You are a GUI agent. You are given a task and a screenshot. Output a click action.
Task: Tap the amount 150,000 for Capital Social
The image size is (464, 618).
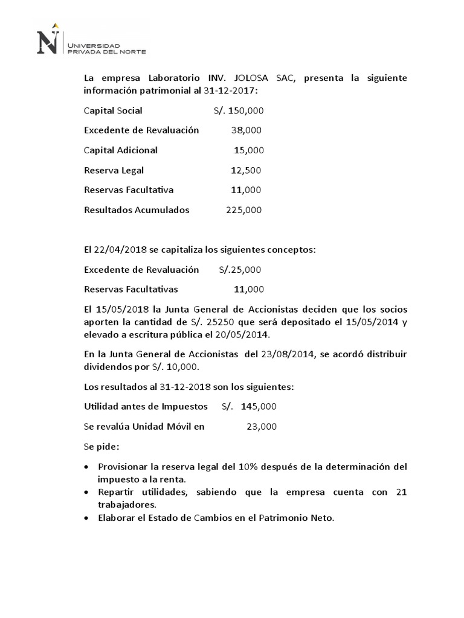(246, 110)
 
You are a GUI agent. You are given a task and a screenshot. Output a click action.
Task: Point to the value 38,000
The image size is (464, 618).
(246, 130)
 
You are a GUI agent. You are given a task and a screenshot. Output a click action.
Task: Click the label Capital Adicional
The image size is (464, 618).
(121, 150)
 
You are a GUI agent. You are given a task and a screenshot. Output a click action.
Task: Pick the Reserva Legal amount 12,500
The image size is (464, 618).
(246, 170)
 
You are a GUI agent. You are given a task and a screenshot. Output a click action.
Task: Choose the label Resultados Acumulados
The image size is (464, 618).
(137, 210)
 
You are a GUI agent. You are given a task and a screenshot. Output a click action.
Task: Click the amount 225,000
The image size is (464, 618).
(243, 210)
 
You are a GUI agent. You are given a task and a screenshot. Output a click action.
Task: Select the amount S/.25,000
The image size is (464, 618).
(240, 269)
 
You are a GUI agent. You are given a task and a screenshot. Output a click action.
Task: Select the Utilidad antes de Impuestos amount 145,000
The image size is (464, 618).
(259, 407)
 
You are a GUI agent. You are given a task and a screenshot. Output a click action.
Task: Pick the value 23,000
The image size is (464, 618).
(262, 427)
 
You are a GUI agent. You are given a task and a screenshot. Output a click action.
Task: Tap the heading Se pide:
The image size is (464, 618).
(101, 447)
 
